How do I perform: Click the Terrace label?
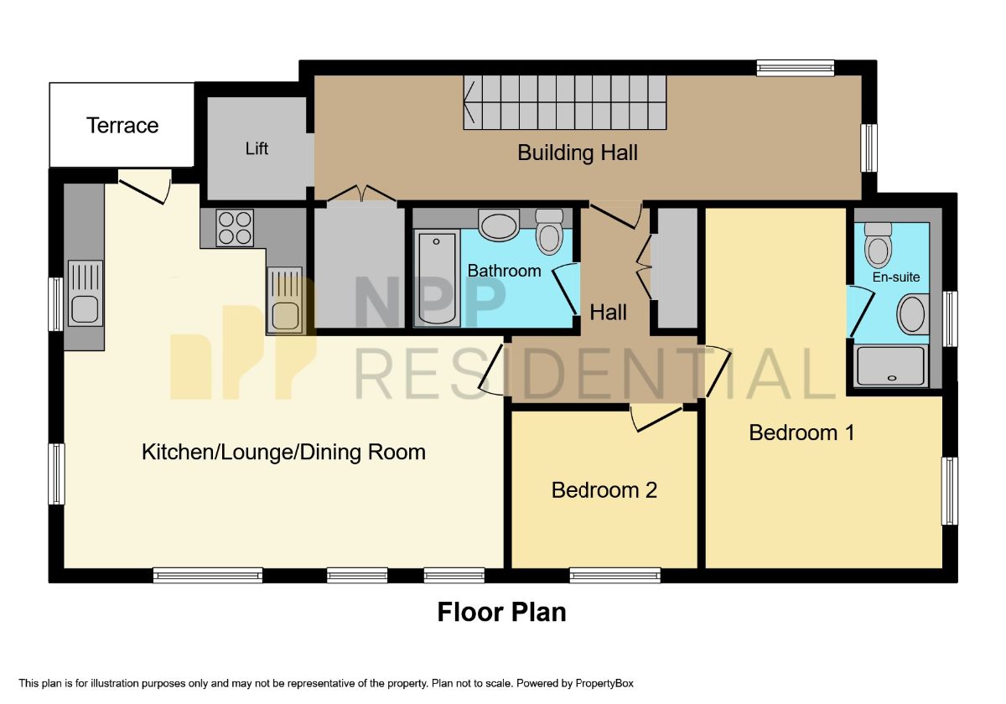[122, 126]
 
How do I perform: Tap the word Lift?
[257, 148]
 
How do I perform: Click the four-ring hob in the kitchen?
[235, 227]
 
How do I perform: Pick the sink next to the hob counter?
[285, 300]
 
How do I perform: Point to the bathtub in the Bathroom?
[437, 279]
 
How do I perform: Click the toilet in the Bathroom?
[549, 231]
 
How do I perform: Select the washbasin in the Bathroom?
[500, 225]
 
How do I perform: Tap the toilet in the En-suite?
[878, 244]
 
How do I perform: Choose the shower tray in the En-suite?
[890, 366]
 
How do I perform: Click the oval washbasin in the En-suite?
[911, 314]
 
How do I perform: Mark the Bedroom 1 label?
[801, 432]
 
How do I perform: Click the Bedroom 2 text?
[604, 489]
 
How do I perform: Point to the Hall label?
[608, 313]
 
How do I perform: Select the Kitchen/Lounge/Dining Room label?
[283, 453]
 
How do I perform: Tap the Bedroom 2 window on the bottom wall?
[614, 575]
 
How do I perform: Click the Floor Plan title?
[501, 613]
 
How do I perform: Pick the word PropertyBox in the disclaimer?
[609, 684]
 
